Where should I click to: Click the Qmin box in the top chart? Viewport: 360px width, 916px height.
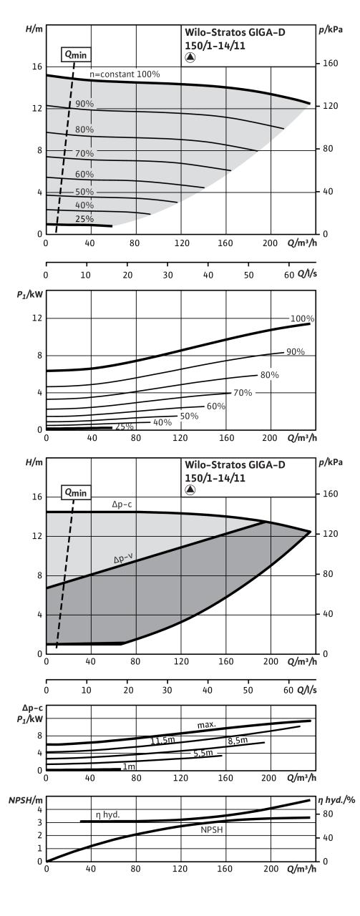click(x=75, y=54)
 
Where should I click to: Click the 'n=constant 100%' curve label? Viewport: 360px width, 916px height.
click(x=125, y=74)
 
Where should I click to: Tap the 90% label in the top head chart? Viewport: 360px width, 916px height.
click(x=84, y=104)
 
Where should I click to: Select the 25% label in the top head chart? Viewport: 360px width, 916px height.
click(x=84, y=219)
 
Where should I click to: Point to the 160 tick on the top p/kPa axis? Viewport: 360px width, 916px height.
click(x=330, y=64)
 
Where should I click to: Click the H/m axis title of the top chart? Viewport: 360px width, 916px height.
click(x=34, y=29)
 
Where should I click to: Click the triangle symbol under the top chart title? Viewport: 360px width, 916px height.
click(x=190, y=58)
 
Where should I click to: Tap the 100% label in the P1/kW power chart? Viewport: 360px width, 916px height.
click(x=302, y=318)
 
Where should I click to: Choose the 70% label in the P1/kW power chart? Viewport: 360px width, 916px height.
click(x=243, y=393)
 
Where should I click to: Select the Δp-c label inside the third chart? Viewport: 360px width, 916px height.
click(x=122, y=505)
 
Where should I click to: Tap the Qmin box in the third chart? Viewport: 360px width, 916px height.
click(x=76, y=492)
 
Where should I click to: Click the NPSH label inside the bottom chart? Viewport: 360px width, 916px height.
click(x=212, y=838)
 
